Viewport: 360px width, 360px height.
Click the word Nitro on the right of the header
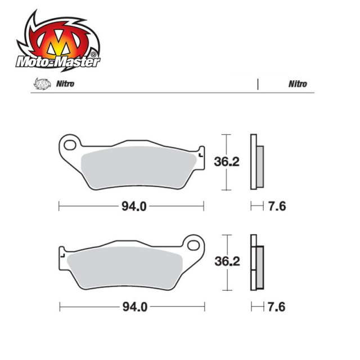(x=298, y=84)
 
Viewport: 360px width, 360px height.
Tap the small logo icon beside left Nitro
(x=39, y=84)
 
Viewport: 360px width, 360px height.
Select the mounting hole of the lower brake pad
(x=194, y=245)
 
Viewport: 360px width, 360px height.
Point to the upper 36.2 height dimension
(x=227, y=162)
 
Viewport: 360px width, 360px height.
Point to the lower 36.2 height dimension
(x=227, y=262)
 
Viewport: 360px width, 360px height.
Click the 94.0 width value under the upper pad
(x=133, y=206)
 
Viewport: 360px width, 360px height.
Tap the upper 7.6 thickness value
(x=277, y=206)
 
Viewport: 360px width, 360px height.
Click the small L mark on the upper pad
(x=200, y=153)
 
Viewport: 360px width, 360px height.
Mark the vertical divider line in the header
(x=257, y=84)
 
